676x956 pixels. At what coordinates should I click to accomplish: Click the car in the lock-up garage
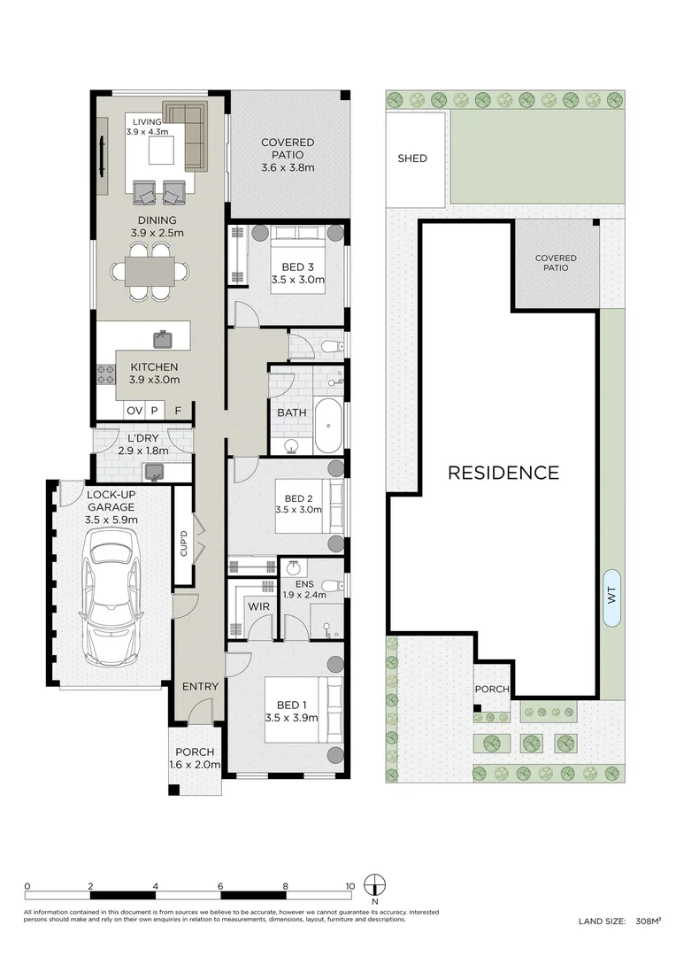tap(111, 597)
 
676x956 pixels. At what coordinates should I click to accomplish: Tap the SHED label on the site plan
tap(412, 158)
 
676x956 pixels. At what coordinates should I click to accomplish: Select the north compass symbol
tap(374, 885)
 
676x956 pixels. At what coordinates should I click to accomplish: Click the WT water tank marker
tap(612, 597)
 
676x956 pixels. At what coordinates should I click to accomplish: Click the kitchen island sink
tap(162, 339)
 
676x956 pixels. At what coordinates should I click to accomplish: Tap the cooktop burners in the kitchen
tap(104, 374)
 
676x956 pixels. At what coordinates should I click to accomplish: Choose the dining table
tap(150, 272)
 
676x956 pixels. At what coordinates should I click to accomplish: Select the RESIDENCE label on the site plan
tap(503, 473)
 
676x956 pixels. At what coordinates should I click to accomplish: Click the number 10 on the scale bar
tap(350, 886)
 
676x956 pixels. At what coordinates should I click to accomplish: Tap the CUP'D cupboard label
tap(183, 544)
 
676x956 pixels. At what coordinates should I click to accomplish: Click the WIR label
tap(258, 607)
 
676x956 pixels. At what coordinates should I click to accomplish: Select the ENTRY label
tap(200, 687)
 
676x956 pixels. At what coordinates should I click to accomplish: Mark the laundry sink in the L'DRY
tap(153, 471)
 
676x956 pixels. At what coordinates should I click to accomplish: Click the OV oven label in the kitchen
tap(134, 411)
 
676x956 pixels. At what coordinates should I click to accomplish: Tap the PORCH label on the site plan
tap(492, 689)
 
